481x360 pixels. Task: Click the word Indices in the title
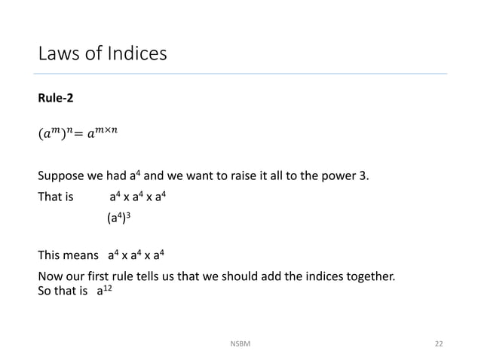(132, 54)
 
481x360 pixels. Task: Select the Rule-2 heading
(56, 98)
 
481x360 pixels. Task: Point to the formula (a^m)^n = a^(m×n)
(78, 135)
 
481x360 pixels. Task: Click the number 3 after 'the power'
(365, 177)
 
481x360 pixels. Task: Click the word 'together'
(369, 276)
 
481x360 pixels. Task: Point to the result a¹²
(104, 290)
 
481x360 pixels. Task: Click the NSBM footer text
(240, 343)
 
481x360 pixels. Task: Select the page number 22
(438, 343)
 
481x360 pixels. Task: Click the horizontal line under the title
(241, 74)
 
